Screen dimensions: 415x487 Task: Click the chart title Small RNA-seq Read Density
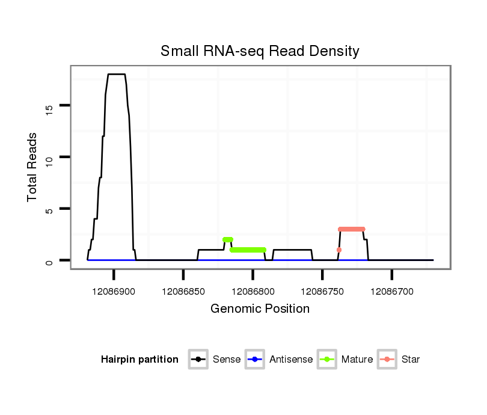[260, 51]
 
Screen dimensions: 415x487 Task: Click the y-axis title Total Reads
[32, 167]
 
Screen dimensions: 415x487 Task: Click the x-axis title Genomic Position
[260, 309]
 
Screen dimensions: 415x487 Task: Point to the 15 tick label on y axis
[49, 108]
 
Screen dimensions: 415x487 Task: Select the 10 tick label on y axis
[49, 159]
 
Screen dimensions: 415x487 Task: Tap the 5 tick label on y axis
[49, 210]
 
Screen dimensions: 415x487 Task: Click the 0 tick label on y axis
[49, 262]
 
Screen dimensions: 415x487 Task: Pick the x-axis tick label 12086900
[114, 292]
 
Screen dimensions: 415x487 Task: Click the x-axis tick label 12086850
[183, 292]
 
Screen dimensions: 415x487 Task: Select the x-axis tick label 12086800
[253, 292]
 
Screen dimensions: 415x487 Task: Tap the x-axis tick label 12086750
[322, 292]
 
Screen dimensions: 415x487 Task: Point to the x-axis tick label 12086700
[392, 292]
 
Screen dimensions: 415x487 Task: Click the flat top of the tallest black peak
[116, 74]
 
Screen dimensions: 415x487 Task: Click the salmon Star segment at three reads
[352, 229]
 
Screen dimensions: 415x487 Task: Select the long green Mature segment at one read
[248, 250]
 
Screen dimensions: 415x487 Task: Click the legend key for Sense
[198, 360]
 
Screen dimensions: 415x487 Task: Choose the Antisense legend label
[291, 360]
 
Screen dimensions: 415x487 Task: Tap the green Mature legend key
[326, 360]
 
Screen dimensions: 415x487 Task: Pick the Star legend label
[410, 360]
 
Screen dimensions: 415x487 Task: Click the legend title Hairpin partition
[139, 360]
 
